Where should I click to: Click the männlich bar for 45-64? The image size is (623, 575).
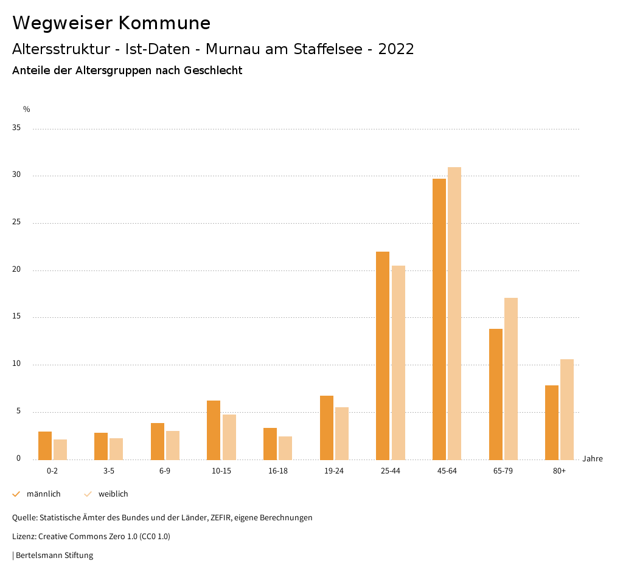[x=439, y=319]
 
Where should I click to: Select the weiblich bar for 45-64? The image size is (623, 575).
[x=454, y=313]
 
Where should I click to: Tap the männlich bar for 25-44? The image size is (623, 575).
[x=383, y=356]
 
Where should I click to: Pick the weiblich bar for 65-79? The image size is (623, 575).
[x=511, y=379]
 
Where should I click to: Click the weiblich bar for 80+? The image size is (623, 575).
[x=567, y=409]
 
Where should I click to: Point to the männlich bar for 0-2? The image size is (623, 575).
[x=45, y=446]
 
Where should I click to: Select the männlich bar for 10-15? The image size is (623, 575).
[x=214, y=430]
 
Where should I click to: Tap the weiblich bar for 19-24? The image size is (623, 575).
[x=342, y=433]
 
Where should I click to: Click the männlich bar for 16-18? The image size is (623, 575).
[x=270, y=444]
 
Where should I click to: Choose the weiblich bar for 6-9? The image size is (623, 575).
[x=173, y=445]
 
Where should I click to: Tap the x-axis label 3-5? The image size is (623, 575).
[x=109, y=471]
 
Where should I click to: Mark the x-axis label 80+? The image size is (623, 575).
[x=559, y=471]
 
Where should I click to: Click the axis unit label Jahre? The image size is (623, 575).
[x=593, y=459]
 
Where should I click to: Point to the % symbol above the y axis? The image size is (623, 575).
[x=27, y=109]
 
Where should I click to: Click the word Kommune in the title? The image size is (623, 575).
[x=164, y=23]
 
